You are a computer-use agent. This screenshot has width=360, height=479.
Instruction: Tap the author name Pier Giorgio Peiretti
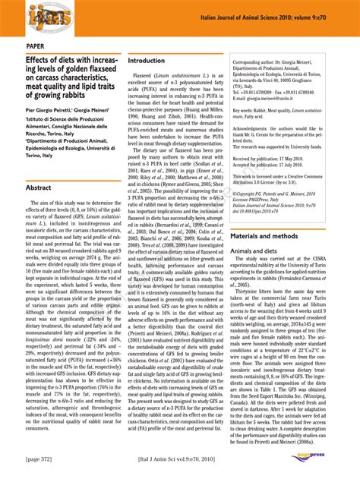pos(47,110)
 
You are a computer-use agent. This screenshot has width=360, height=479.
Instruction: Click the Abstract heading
pos(39,187)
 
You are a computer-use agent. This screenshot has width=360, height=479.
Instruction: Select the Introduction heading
pos(146,60)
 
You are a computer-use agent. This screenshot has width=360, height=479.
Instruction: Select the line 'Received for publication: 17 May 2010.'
pos(278,158)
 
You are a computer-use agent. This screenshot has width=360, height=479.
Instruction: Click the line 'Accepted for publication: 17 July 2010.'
pos(278,165)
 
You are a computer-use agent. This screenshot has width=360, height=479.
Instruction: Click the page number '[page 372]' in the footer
pos(43,459)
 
